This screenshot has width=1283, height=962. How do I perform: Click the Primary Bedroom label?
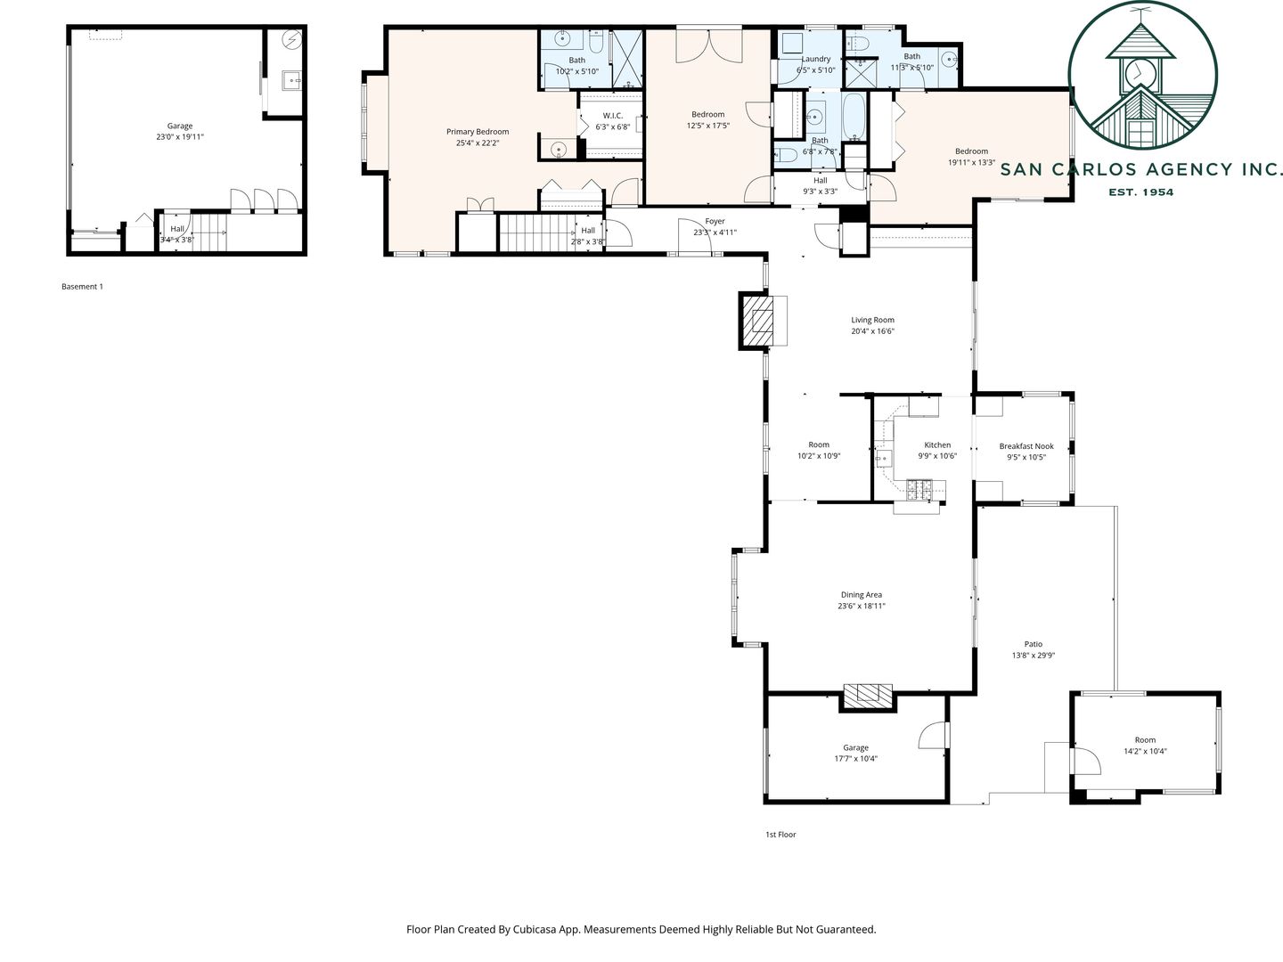coord(478,132)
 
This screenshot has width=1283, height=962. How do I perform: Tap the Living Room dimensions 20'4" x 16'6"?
coord(872,331)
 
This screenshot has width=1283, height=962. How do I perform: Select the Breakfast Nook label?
coord(1026,446)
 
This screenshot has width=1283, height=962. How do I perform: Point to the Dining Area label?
coord(861,595)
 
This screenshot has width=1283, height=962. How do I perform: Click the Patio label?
coord(1034,644)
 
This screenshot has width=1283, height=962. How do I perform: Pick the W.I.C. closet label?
coord(613,116)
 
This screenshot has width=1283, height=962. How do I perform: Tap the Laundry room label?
coord(815,59)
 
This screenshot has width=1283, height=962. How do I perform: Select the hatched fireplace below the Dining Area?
coord(868,697)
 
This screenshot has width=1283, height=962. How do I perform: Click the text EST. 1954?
coord(1141,192)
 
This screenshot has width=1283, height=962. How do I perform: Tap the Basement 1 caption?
coord(83,287)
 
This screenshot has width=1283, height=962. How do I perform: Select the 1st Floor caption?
coord(780,835)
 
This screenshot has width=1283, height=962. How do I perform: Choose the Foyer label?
coord(715,222)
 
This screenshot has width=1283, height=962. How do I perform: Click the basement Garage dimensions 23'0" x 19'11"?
coord(180,136)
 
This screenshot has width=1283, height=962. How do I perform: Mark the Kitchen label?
coord(937,445)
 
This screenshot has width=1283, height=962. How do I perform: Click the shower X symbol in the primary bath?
coord(626,59)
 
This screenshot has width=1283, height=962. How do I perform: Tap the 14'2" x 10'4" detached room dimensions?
coord(1145,751)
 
